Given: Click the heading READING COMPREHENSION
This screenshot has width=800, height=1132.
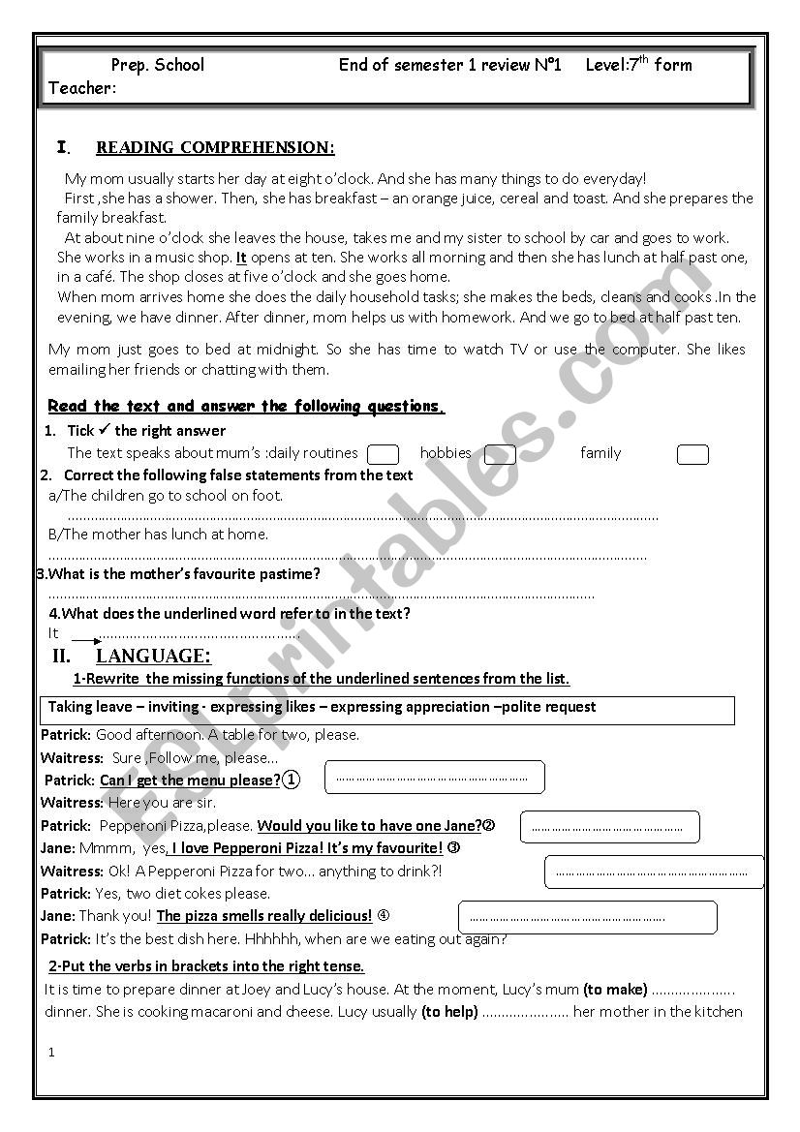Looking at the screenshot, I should [215, 148].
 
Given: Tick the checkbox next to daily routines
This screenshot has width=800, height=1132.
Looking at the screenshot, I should [384, 454].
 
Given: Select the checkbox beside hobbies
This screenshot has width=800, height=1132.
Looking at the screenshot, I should [500, 454].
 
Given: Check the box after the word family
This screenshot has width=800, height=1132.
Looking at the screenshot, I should [692, 455].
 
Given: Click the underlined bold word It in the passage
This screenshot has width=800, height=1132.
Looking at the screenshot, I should [241, 258].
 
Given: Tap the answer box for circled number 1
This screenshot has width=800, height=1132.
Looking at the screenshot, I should [434, 778].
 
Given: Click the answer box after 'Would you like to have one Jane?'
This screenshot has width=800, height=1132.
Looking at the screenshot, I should [609, 827].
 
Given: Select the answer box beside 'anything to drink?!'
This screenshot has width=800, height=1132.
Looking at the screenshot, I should [654, 872].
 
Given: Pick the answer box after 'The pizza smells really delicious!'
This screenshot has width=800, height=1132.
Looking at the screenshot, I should [587, 917].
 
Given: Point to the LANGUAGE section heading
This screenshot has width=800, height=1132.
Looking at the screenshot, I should [153, 656].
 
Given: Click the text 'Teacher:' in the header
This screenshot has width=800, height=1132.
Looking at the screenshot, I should [82, 89].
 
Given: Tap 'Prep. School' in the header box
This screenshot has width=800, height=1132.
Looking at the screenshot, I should [158, 65].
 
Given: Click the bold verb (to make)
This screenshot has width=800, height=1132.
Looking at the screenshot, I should [615, 990].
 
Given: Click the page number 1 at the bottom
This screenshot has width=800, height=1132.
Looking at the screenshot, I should [52, 1053].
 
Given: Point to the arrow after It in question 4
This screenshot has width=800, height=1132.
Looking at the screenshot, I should [85, 640].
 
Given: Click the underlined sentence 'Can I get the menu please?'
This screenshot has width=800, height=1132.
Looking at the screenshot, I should [190, 780].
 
